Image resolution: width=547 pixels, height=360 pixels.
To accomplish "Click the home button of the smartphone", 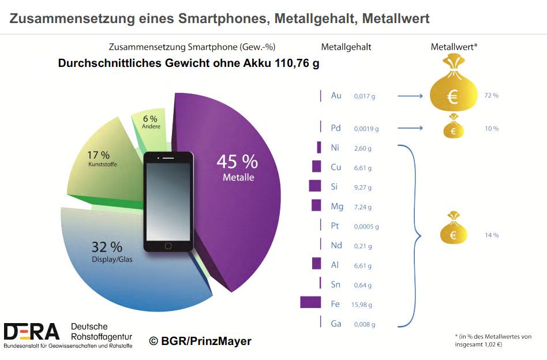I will click(168, 245).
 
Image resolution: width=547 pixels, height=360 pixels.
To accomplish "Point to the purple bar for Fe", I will click(310, 302).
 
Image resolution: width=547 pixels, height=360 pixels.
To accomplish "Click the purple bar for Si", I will click(314, 186).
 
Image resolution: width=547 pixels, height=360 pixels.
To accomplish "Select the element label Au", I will click(336, 96).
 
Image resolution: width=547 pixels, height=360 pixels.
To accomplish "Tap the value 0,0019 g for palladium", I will click(366, 129).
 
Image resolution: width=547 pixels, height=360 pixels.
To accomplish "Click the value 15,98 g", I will click(363, 303).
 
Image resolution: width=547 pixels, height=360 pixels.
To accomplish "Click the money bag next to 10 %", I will click(454, 127).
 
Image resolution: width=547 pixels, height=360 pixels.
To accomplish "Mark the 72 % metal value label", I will click(492, 95).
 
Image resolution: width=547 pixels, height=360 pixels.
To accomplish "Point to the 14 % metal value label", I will click(492, 235).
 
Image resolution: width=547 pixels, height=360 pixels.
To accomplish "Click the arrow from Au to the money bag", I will click(410, 96).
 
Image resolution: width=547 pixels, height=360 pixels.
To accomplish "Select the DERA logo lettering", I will click(32, 331).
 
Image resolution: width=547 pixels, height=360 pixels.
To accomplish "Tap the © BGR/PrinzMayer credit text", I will click(200, 341).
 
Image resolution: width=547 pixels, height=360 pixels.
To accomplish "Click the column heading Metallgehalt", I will click(346, 47).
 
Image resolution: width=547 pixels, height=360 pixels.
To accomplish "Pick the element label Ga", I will click(336, 324).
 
